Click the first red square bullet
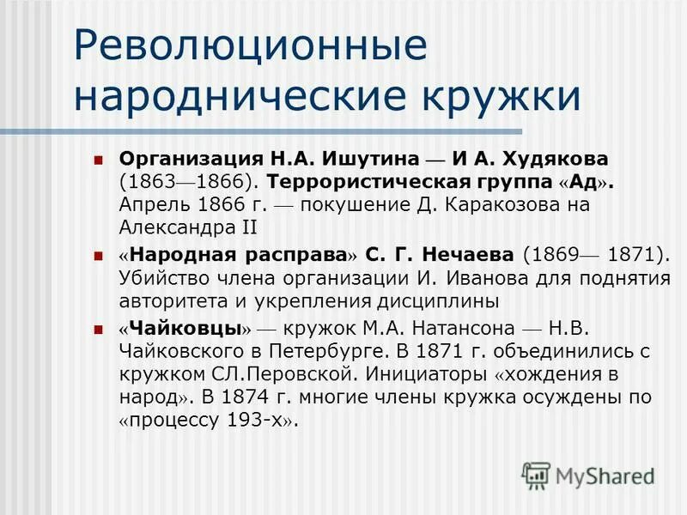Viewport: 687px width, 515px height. click(98, 160)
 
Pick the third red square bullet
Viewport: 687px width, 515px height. click(98, 329)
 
